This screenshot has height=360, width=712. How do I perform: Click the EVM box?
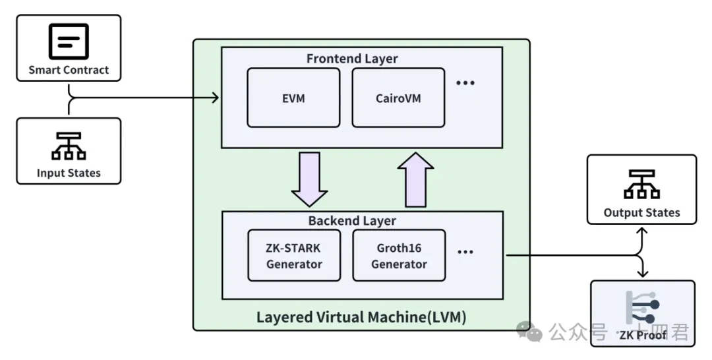pyautogui.click(x=293, y=98)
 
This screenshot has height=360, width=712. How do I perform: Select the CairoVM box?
pyautogui.click(x=398, y=98)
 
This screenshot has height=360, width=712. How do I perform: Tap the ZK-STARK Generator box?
pyautogui.click(x=294, y=256)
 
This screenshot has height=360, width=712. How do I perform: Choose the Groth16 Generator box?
pyautogui.click(x=399, y=256)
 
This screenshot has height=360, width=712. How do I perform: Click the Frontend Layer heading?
pyautogui.click(x=352, y=59)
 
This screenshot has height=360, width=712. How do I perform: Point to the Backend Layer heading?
pyautogui.click(x=352, y=220)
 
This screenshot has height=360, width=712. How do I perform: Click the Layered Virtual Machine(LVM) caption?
pyautogui.click(x=361, y=317)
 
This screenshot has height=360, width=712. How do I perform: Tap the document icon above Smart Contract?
pyautogui.click(x=69, y=42)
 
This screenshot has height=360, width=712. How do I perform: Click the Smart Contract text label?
pyautogui.click(x=69, y=70)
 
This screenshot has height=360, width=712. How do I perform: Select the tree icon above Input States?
pyautogui.click(x=69, y=146)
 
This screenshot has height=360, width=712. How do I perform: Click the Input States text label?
pyautogui.click(x=69, y=173)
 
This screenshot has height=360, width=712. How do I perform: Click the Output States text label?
pyautogui.click(x=641, y=212)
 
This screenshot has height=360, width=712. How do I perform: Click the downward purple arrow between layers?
pyautogui.click(x=309, y=179)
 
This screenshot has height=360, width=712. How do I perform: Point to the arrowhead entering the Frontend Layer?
pyautogui.click(x=214, y=98)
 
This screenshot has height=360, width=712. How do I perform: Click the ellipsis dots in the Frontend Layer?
pyautogui.click(x=465, y=83)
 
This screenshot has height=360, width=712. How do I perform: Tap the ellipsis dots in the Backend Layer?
pyautogui.click(x=465, y=252)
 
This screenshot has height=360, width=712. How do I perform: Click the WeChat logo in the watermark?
pyautogui.click(x=529, y=331)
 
